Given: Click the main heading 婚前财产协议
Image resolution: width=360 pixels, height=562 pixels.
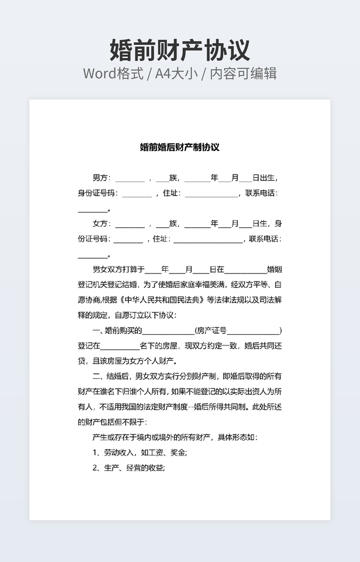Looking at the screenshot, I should click(179, 50).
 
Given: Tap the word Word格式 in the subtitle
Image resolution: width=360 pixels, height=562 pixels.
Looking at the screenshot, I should click(113, 73).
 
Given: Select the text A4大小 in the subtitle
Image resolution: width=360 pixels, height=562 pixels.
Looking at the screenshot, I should click(176, 73).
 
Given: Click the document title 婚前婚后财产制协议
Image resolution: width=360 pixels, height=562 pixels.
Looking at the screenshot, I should click(179, 147).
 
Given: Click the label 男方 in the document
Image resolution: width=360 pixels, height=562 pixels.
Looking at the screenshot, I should click(100, 178).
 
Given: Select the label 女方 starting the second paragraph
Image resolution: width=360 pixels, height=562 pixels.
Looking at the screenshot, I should click(100, 224).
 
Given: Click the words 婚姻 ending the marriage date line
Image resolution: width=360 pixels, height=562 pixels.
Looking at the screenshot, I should click(274, 269).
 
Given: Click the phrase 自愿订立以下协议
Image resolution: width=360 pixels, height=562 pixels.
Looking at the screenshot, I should click(145, 315).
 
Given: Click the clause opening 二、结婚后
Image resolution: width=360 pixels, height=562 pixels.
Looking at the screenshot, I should click(111, 376).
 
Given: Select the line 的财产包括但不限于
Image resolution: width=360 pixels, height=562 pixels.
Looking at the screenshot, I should click(108, 423).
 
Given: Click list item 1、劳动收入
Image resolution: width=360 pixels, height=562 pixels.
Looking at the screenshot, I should click(113, 453).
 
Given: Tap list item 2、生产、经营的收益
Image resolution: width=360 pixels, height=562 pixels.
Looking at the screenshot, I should click(129, 468).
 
